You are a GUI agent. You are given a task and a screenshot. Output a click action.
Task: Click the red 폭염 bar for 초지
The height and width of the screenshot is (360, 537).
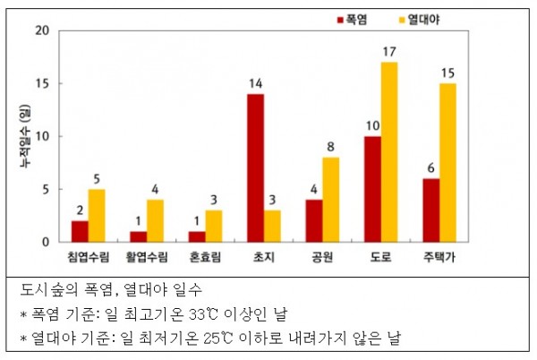[x=255, y=167]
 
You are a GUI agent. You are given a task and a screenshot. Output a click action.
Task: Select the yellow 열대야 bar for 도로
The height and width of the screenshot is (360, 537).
[x=389, y=152]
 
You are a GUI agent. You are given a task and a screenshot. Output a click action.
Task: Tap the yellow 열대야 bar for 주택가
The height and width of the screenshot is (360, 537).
[x=448, y=163]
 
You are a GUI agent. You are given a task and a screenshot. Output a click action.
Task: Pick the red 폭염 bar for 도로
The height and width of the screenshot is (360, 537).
[x=372, y=189]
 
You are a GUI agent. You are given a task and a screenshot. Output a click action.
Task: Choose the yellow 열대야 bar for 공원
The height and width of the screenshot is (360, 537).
[x=331, y=200]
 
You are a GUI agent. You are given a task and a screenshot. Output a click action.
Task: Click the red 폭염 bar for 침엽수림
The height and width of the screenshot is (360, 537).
[x=80, y=232]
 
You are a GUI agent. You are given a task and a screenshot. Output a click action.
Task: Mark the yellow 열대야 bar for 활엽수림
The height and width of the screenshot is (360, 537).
[x=155, y=221]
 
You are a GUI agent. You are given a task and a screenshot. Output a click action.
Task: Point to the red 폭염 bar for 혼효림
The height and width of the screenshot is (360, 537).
[x=197, y=236]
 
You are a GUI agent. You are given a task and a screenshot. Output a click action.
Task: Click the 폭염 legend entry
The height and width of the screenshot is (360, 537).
[x=353, y=20]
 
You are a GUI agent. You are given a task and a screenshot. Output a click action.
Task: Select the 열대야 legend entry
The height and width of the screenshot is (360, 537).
[x=420, y=20]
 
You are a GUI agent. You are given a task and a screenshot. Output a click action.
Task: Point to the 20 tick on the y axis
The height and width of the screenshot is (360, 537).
[x=42, y=30]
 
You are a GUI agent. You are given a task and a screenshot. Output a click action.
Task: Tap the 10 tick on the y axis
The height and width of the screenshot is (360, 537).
[x=42, y=136]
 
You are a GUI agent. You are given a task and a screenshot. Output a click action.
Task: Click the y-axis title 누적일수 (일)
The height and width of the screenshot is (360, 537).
[x=25, y=136]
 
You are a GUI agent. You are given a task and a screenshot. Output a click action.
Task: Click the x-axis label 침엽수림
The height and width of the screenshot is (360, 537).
[x=89, y=256]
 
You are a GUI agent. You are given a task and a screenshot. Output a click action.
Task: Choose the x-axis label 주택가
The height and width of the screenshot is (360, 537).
[x=439, y=256]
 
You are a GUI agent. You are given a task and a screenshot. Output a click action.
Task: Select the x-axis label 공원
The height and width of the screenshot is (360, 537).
[x=322, y=256]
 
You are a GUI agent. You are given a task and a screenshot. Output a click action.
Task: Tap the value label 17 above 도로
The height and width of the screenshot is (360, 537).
[x=389, y=52]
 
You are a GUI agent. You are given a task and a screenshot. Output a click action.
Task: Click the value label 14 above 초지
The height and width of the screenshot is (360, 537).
[x=255, y=83]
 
